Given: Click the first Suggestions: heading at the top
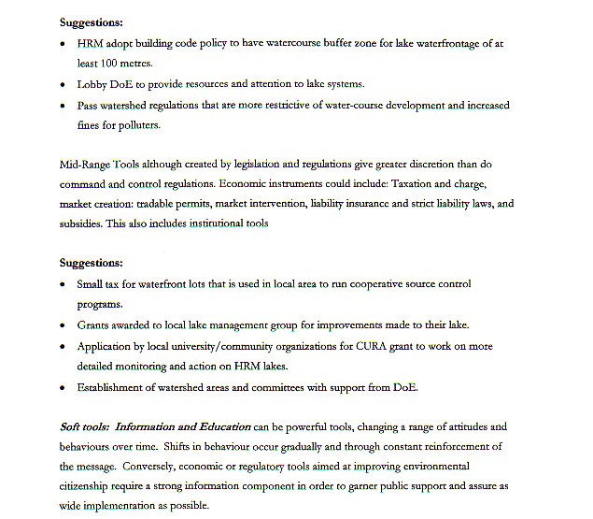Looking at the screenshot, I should coord(91,21).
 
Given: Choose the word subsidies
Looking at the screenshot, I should coord(82,223).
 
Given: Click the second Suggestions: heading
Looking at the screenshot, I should coord(91,264).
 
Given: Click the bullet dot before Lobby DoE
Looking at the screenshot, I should coord(63,85).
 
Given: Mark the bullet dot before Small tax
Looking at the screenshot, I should coord(63,284).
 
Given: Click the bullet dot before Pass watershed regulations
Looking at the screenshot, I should coord(63,106).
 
